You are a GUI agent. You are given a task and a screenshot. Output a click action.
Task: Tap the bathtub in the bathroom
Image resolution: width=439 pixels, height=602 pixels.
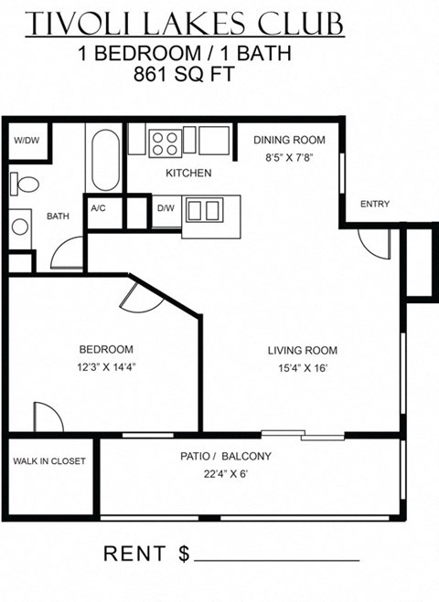click(105, 159)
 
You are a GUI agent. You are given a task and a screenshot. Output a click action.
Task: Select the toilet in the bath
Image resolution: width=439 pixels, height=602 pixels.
click(27, 185)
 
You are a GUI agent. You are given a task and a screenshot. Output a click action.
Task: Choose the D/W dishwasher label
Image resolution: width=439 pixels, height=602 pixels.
click(166, 208)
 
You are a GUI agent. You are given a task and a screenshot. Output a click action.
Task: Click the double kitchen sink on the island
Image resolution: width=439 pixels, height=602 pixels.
click(203, 211)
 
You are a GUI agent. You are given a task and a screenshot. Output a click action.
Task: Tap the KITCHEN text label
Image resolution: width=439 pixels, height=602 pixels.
click(188, 173)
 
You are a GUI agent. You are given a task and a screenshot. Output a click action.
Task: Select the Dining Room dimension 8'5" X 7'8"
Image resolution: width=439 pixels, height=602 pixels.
click(287, 157)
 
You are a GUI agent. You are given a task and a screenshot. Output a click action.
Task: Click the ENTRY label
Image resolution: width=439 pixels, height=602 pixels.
click(375, 204)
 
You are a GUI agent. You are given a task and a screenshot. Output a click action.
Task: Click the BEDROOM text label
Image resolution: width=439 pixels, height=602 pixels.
click(106, 349)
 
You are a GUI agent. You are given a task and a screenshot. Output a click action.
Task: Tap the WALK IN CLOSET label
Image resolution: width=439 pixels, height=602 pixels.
click(49, 461)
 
